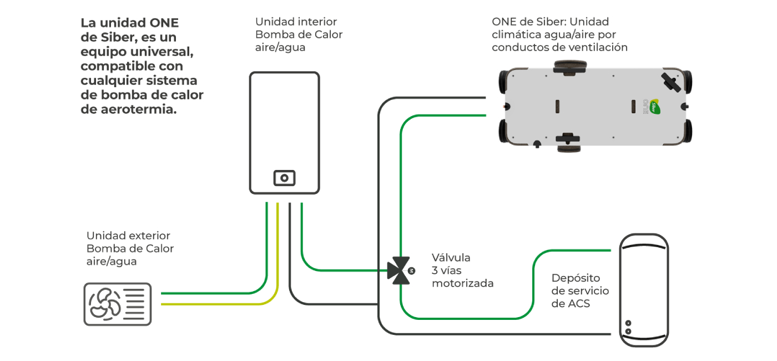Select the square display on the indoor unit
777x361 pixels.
[x=284, y=178]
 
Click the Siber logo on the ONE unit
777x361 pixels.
[x=657, y=107]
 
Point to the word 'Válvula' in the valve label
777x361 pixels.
[x=451, y=258]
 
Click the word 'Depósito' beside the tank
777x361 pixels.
[x=576, y=278]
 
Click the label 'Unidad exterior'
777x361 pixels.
[x=128, y=235]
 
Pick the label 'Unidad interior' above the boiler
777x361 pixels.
[x=296, y=22]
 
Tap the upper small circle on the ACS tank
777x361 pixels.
[x=628, y=323]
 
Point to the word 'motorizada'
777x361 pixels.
[x=462, y=283]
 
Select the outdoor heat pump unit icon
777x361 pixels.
[x=117, y=304]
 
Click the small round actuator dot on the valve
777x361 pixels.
[x=411, y=270]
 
